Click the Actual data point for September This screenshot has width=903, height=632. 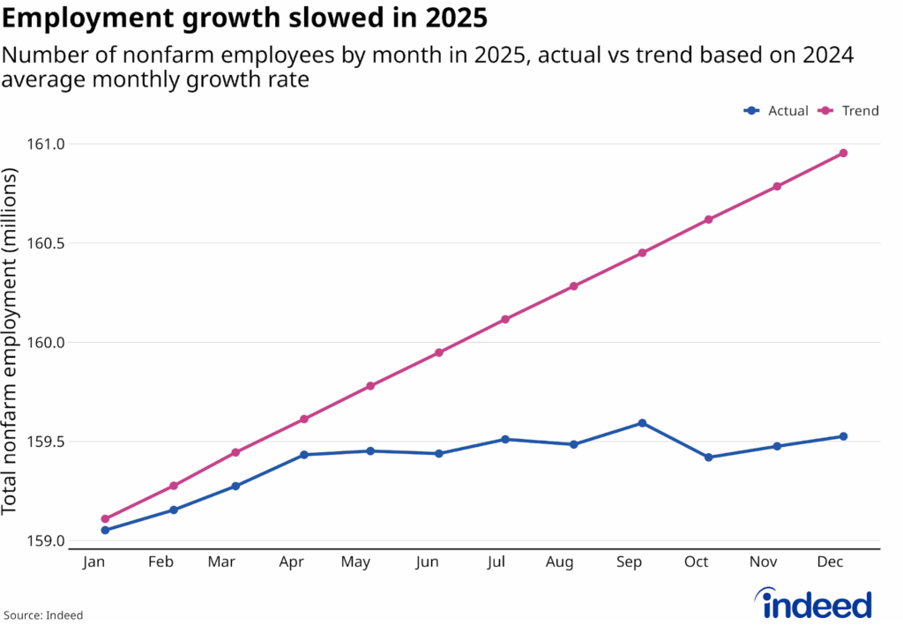(642, 423)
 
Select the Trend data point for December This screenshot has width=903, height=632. (843, 153)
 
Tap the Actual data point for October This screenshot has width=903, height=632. (709, 457)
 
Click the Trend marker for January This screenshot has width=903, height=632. (106, 519)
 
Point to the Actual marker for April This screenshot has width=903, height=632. (304, 455)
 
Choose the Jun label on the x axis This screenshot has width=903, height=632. (427, 562)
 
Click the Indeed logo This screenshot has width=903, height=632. (816, 605)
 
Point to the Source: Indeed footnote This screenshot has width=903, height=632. (43, 615)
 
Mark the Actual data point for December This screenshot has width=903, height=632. (843, 436)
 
